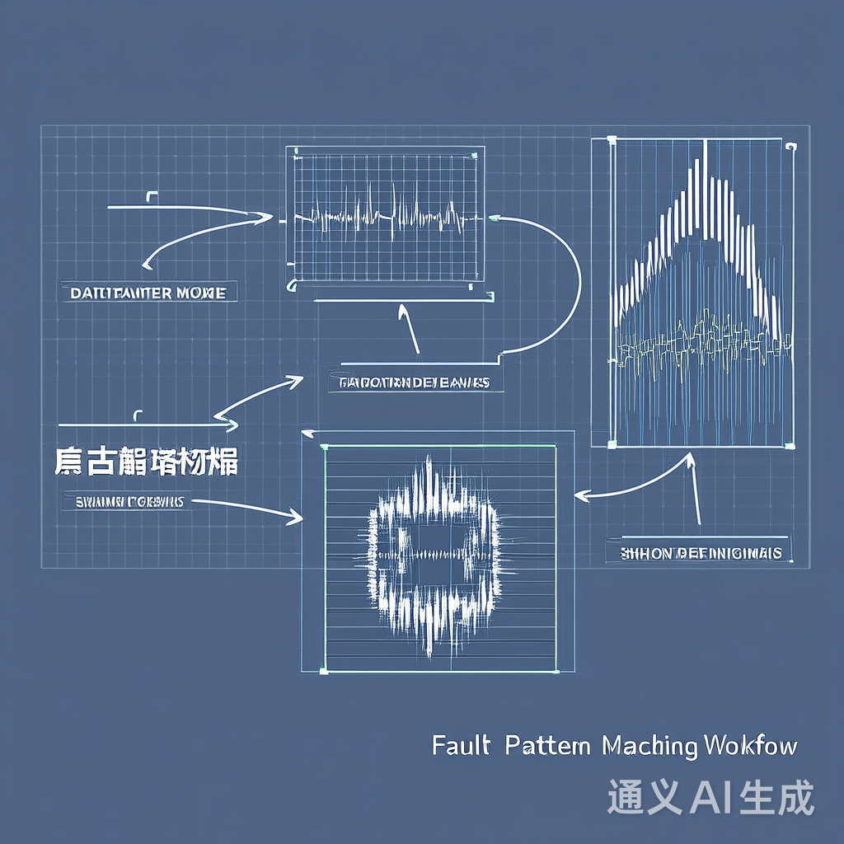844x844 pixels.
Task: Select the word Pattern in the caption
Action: click(547, 746)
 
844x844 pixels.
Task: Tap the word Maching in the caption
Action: click(649, 747)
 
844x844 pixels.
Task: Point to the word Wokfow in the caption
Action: click(751, 746)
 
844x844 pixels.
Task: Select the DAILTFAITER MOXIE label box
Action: click(148, 292)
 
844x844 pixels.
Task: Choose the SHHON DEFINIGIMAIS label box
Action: click(700, 552)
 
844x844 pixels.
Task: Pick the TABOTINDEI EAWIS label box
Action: click(415, 382)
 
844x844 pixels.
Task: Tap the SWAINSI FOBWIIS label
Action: click(124, 501)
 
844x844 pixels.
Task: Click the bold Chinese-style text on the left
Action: click(147, 462)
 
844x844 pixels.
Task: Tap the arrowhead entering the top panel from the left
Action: click(267, 218)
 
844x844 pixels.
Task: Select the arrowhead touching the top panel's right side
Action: click(493, 218)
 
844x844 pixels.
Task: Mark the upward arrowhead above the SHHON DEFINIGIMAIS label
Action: click(691, 458)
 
